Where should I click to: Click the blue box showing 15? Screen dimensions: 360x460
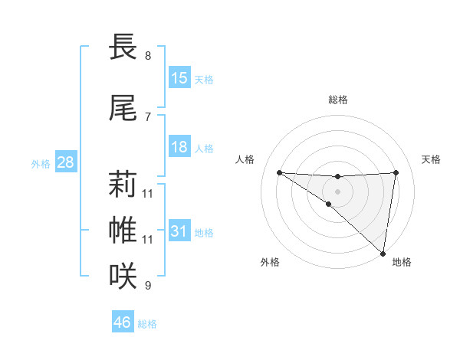[x=179, y=78]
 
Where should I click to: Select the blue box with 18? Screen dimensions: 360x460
[x=179, y=147]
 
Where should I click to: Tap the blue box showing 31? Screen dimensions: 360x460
[x=179, y=231]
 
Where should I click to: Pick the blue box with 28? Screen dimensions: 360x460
[x=65, y=162]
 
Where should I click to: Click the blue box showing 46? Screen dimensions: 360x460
[x=123, y=322]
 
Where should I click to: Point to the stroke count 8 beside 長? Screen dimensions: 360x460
[x=148, y=56]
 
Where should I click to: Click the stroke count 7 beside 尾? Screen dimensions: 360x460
[x=148, y=116]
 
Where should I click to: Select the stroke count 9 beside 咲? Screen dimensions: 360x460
[x=148, y=286]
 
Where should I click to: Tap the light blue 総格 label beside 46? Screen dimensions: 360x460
[x=148, y=324]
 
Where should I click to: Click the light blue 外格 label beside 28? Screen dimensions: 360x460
[x=41, y=164]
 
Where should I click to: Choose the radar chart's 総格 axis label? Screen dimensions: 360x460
[x=338, y=100]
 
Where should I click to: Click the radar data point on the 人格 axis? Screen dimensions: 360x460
[x=279, y=172]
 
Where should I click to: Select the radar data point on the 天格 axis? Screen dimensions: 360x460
[x=396, y=172]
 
